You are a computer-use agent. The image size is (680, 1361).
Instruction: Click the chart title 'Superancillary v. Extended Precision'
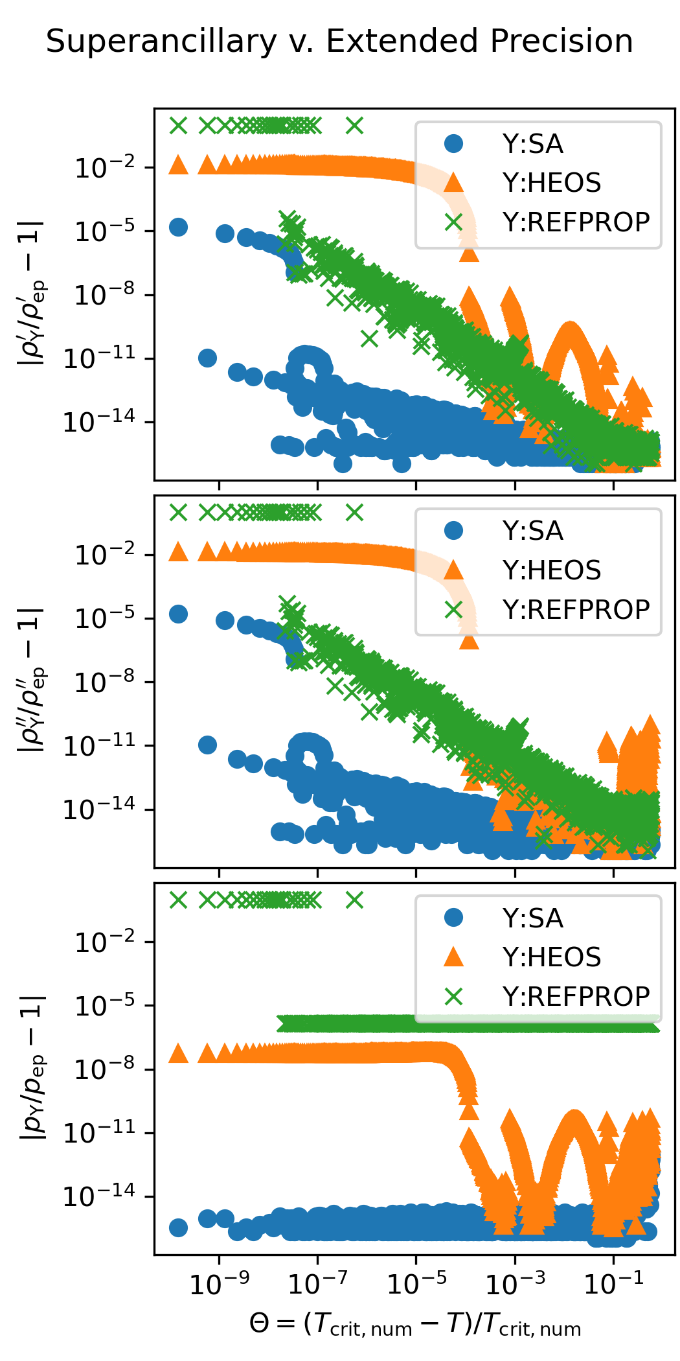[x=339, y=41]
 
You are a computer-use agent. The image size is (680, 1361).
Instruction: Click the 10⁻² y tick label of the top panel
[x=105, y=168]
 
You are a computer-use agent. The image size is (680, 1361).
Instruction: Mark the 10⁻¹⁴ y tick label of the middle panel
[x=99, y=809]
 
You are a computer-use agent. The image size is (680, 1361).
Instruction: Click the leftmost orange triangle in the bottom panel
[x=178, y=1053]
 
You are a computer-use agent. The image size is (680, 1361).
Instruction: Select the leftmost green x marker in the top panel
[x=178, y=125]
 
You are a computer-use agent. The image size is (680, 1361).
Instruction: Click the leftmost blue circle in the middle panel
[x=178, y=614]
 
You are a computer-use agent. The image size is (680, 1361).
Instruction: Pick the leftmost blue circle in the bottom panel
[x=178, y=1227]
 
